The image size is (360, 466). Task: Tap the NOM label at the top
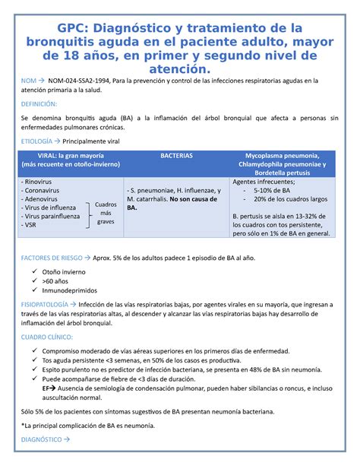pyautogui.click(x=29, y=79)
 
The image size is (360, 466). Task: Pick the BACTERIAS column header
pyautogui.click(x=176, y=155)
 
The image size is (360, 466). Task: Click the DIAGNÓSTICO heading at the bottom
pyautogui.click(x=41, y=439)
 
